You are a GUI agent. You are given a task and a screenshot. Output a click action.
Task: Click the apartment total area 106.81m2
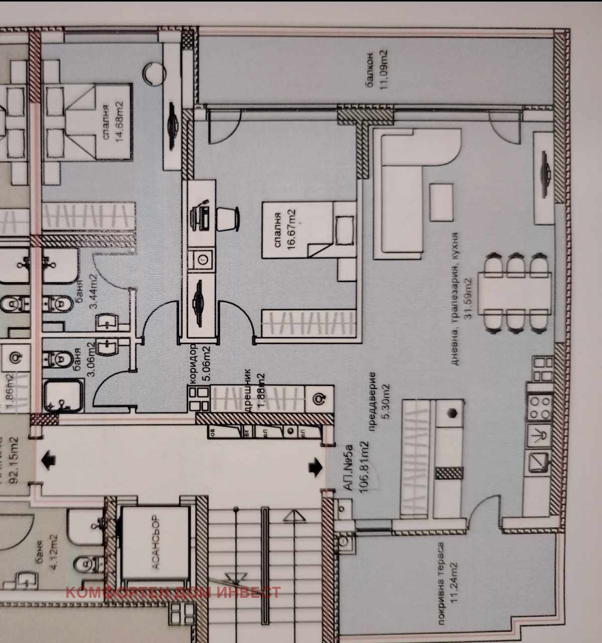(364, 467)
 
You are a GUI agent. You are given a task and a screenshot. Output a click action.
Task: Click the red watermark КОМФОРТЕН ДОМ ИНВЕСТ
(173, 592)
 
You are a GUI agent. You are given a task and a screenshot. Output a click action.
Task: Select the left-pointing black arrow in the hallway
(49, 460)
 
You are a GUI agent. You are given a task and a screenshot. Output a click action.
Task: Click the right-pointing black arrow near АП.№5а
(316, 466)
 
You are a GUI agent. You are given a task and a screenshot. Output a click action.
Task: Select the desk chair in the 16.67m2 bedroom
(229, 219)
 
